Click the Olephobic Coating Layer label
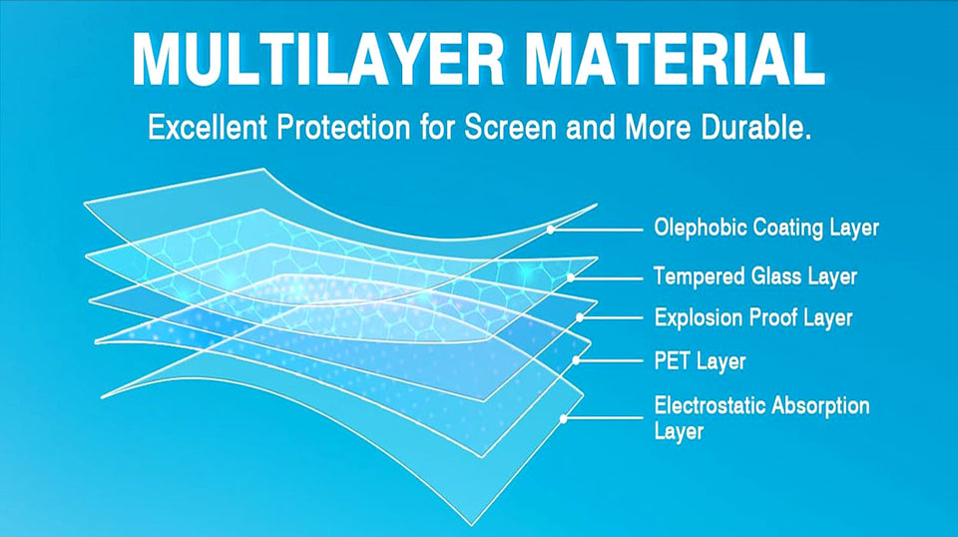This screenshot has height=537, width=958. point(766,228)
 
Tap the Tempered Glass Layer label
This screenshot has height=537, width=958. point(755,274)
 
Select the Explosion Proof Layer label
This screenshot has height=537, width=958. point(753,318)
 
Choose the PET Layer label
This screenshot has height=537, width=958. point(700,360)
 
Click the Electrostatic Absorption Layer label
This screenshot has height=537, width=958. point(761,418)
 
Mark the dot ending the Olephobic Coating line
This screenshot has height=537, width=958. point(550,229)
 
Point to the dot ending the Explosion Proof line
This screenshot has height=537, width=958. point(583,318)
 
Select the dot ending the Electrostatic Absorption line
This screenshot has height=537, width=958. point(564,419)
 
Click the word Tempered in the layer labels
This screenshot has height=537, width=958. point(696,274)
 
